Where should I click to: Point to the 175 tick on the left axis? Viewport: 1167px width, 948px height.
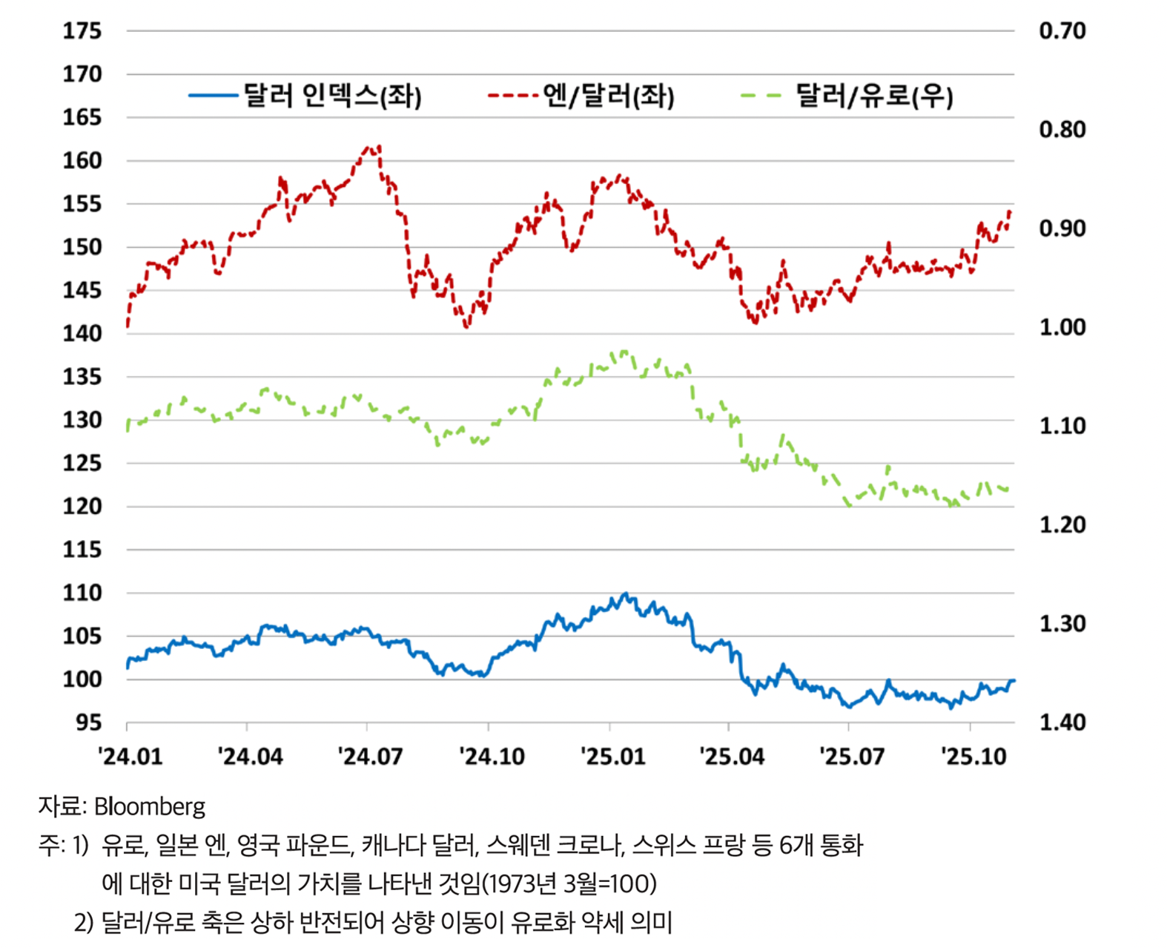pos(82,31)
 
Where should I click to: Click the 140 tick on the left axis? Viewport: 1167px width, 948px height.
pos(82,334)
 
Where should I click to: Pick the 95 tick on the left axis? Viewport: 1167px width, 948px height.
pos(88,722)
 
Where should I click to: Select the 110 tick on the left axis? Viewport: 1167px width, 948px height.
pos(82,593)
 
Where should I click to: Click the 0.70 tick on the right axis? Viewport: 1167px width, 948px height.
pos(1062,31)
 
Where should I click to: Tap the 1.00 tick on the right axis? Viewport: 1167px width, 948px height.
pos(1062,327)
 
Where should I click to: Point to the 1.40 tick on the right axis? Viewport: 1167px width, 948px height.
pos(1062,722)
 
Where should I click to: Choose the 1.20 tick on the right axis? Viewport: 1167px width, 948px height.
pos(1062,525)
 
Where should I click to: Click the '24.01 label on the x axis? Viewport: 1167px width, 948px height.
pos(130,757)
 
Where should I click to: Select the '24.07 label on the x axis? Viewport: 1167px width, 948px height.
pos(370,757)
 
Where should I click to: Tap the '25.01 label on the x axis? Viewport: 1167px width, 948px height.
pos(612,757)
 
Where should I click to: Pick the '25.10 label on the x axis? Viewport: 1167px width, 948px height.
pos(973,757)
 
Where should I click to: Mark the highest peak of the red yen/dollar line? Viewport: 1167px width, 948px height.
pos(379,146)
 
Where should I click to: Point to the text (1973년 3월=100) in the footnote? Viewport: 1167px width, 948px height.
pos(569,883)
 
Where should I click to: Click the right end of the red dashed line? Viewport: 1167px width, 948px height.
pos(1010,212)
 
